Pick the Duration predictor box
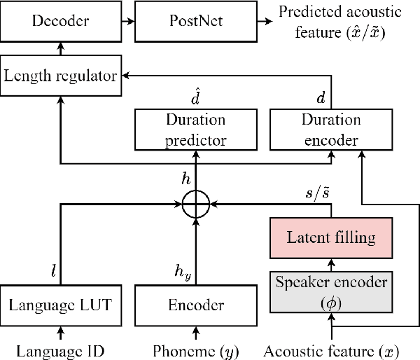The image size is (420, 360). pyautogui.click(x=196, y=130)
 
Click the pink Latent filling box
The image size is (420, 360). pyautogui.click(x=331, y=237)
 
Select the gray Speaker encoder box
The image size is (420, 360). pyautogui.click(x=331, y=293)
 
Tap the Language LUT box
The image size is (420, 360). pyautogui.click(x=60, y=305)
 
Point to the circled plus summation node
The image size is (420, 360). pyautogui.click(x=196, y=205)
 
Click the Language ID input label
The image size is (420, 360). pyautogui.click(x=61, y=347)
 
